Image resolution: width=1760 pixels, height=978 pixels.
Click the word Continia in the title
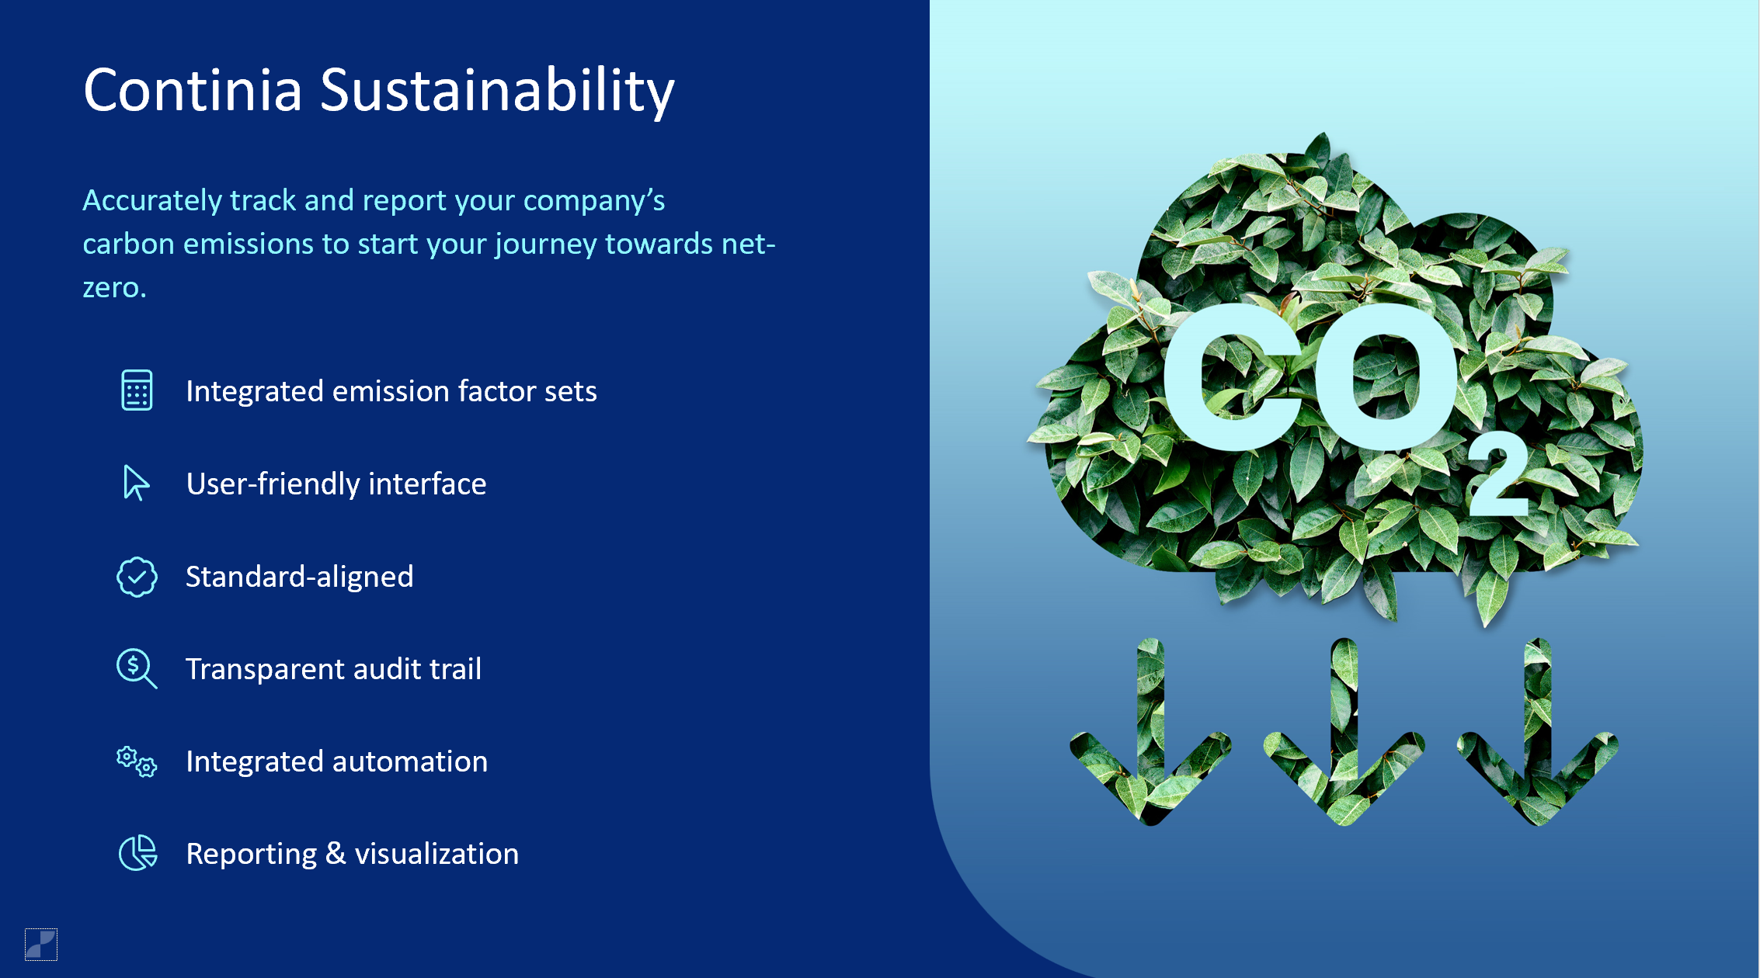click(x=193, y=91)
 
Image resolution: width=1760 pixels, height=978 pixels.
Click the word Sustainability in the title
click(x=497, y=91)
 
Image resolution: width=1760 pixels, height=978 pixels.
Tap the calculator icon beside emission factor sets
click(x=137, y=390)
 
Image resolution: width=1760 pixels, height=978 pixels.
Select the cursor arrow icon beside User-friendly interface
click(x=136, y=483)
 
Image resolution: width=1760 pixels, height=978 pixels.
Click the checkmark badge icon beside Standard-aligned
click(x=137, y=577)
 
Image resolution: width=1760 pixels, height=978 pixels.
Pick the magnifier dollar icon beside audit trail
click(x=136, y=668)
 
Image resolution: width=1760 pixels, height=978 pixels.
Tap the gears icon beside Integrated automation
click(x=137, y=761)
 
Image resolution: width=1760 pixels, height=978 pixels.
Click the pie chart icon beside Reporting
click(x=137, y=853)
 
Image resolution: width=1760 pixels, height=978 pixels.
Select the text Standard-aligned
click(x=299, y=577)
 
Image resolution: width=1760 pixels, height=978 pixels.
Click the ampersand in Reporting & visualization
click(x=335, y=854)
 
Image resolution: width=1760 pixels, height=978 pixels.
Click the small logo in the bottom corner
click(x=41, y=944)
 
